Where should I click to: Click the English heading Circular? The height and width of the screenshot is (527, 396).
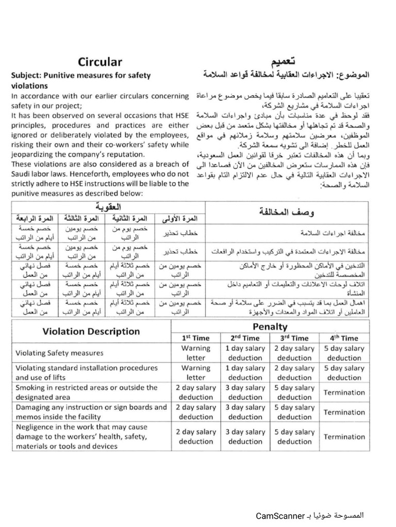tap(100, 62)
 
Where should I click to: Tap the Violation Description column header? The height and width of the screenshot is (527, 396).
tap(91, 331)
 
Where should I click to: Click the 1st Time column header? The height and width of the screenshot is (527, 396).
tap(196, 338)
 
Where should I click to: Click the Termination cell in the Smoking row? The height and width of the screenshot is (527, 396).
tap(344, 393)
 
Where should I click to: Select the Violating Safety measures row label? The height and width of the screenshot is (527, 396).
tap(59, 353)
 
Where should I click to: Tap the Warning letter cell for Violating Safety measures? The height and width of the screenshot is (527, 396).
tap(196, 353)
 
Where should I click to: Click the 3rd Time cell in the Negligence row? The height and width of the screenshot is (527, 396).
tap(294, 436)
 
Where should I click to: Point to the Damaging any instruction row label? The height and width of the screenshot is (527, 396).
tap(91, 412)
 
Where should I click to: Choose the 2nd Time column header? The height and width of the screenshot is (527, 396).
tap(245, 338)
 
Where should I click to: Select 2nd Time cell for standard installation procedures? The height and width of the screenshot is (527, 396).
tap(245, 373)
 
